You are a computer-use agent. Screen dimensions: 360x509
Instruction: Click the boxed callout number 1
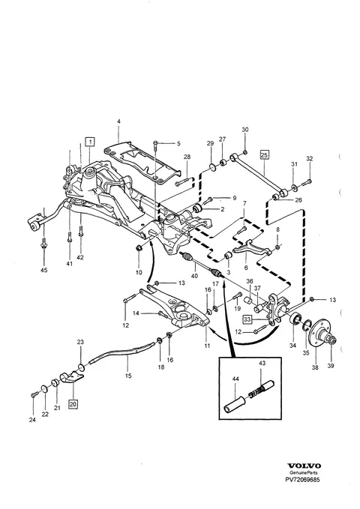90,142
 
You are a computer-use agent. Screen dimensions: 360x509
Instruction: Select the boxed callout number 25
264,155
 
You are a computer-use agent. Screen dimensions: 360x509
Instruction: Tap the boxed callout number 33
247,319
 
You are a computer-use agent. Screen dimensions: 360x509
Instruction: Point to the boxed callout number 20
73,404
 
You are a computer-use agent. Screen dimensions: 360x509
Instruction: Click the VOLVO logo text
304,466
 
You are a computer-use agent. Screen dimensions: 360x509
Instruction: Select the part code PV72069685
302,480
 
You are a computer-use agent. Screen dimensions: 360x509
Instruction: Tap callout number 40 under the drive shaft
194,276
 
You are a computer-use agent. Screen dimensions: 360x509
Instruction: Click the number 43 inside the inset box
262,363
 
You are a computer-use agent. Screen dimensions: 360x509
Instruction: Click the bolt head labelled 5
156,143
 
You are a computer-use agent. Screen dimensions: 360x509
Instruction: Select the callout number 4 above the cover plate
118,121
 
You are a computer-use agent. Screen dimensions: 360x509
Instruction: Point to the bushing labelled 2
197,208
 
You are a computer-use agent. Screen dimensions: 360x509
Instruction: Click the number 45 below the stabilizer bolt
43,270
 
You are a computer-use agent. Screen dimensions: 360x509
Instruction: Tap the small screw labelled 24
34,395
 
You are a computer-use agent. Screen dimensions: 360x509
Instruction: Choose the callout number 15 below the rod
128,376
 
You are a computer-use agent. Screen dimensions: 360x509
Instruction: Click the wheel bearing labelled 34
295,320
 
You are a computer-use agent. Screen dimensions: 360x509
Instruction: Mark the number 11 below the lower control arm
207,346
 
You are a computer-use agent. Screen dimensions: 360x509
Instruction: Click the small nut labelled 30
246,152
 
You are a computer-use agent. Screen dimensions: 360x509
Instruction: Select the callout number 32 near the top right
309,159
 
